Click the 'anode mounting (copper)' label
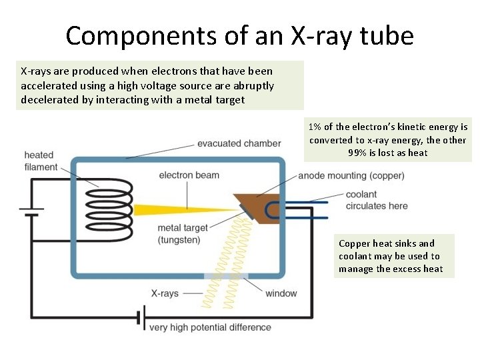(x=351, y=176)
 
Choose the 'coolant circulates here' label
(x=377, y=200)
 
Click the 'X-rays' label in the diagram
(x=165, y=293)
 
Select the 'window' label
(x=281, y=293)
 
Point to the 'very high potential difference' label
(x=210, y=327)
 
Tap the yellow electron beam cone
(x=173, y=209)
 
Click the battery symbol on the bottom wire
(x=141, y=319)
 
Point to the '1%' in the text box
(x=316, y=127)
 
